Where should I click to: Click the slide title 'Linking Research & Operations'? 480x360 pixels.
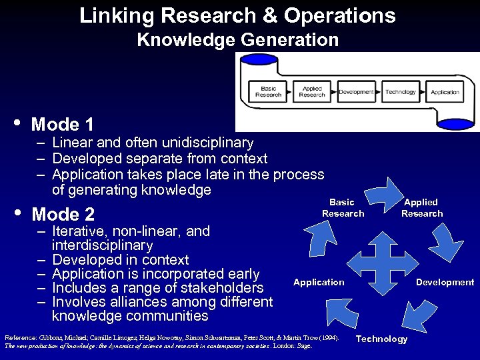(237, 15)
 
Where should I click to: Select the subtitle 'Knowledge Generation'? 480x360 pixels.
(237, 40)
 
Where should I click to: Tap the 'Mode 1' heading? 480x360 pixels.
(62, 125)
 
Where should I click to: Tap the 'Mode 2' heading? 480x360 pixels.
(63, 215)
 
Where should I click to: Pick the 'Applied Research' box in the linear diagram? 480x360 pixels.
(312, 92)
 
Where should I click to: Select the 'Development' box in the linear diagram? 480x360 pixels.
(356, 92)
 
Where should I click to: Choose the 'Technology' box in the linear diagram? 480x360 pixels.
(401, 92)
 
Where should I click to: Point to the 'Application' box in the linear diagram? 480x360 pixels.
(445, 92)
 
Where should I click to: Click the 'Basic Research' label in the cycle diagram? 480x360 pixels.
(343, 207)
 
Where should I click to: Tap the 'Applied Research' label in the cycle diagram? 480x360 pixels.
(421, 207)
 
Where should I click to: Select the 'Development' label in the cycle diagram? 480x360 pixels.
(445, 282)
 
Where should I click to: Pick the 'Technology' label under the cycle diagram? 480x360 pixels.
(382, 339)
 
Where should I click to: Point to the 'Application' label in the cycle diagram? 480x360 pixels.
(319, 282)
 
